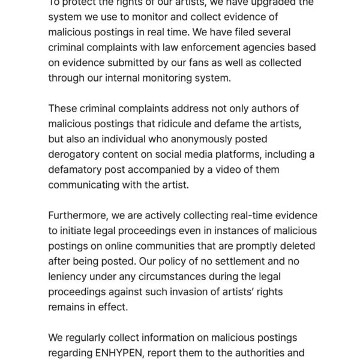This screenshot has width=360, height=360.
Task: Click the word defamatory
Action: [78, 170]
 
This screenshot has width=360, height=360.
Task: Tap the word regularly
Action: [89, 338]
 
